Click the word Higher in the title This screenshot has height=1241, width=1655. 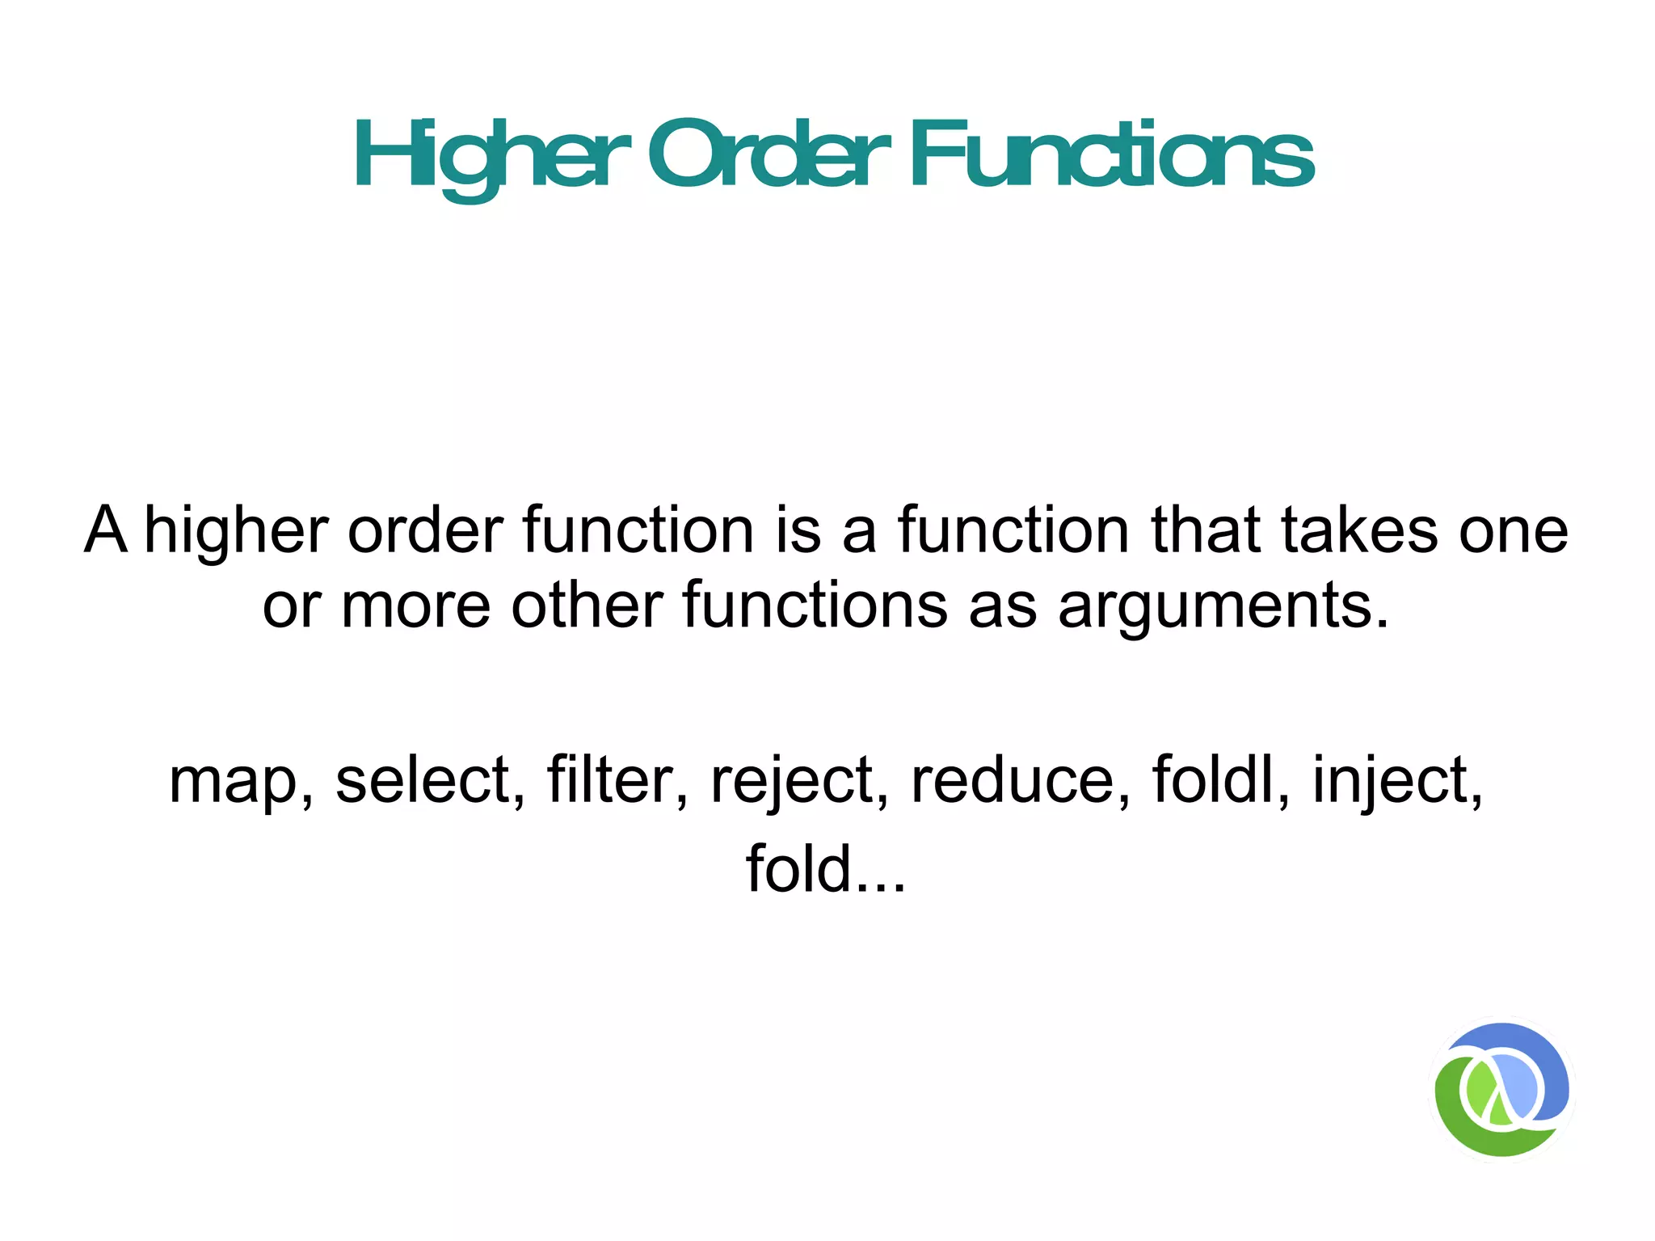click(491, 155)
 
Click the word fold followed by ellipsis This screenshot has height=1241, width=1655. click(824, 869)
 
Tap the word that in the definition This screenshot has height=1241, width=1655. click(1206, 530)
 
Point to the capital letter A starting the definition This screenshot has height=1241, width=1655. click(106, 530)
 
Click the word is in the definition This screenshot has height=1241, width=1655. click(798, 530)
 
